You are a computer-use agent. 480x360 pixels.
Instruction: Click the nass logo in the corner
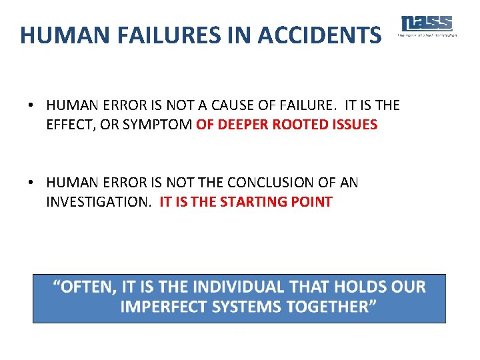427,25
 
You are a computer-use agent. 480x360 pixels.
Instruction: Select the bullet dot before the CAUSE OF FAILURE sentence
31,106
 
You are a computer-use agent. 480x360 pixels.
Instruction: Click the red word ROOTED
297,125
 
